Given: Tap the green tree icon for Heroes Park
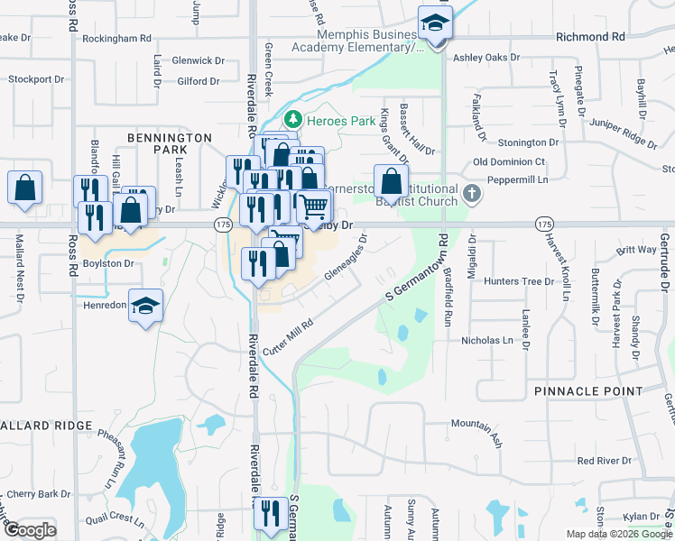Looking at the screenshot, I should pos(292,119).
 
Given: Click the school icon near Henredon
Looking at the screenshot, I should pos(145,305).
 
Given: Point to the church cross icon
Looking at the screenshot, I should pos(471,193).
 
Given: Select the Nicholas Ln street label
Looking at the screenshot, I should pos(506,342).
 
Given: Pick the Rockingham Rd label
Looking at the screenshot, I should pos(116,39).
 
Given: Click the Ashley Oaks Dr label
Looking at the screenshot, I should pos(487,58).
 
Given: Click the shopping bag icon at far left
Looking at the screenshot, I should pos(24,187).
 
